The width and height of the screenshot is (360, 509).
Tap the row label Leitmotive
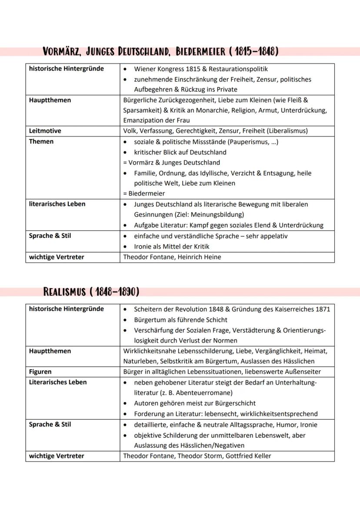(x=45, y=131)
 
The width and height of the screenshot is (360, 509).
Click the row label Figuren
(x=40, y=372)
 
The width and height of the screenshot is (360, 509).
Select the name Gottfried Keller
(x=248, y=456)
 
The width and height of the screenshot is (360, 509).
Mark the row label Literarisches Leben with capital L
(x=58, y=382)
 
